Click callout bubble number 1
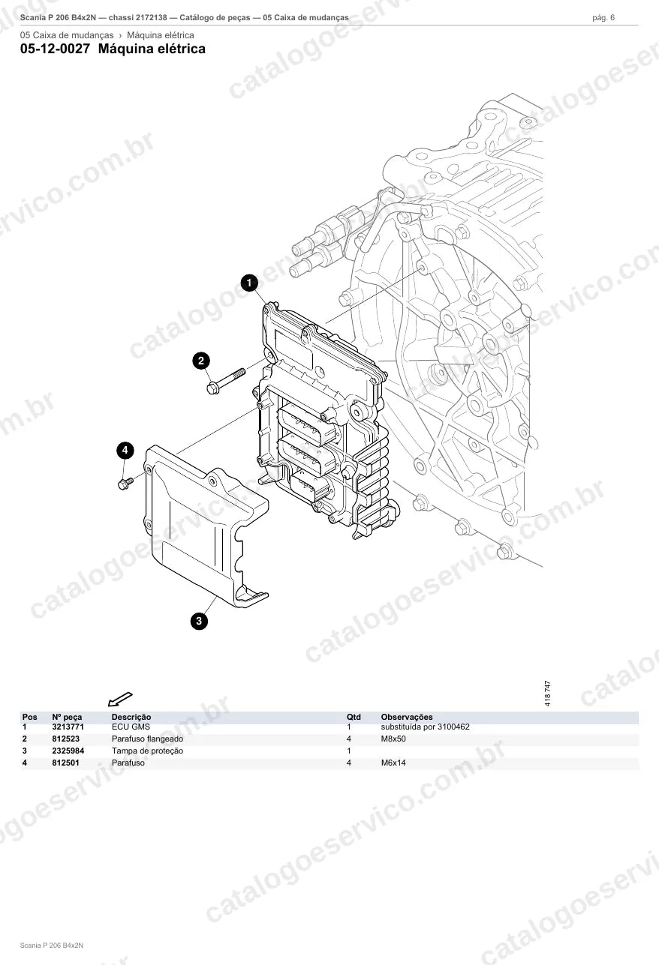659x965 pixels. point(249,283)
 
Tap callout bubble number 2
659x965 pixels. point(201,361)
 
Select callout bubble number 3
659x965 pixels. point(199,621)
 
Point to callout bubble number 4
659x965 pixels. point(125,450)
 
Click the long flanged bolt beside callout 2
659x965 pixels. point(226,381)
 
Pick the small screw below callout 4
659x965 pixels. point(125,484)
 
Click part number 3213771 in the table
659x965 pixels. point(68,727)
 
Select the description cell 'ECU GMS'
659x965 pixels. point(131,727)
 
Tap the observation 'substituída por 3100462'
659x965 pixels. point(426,727)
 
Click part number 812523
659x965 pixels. point(65,739)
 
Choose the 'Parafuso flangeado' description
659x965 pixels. point(148,739)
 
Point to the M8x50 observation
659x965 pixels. point(393,739)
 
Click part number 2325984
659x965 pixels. point(68,751)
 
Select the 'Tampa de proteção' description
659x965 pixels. point(148,751)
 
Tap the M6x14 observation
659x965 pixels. point(393,763)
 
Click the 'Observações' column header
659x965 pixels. point(407,717)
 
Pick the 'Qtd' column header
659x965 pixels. point(354,717)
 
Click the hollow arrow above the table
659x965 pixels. point(120,699)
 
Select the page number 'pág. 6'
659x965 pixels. point(603,18)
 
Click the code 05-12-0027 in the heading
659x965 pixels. point(55,49)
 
